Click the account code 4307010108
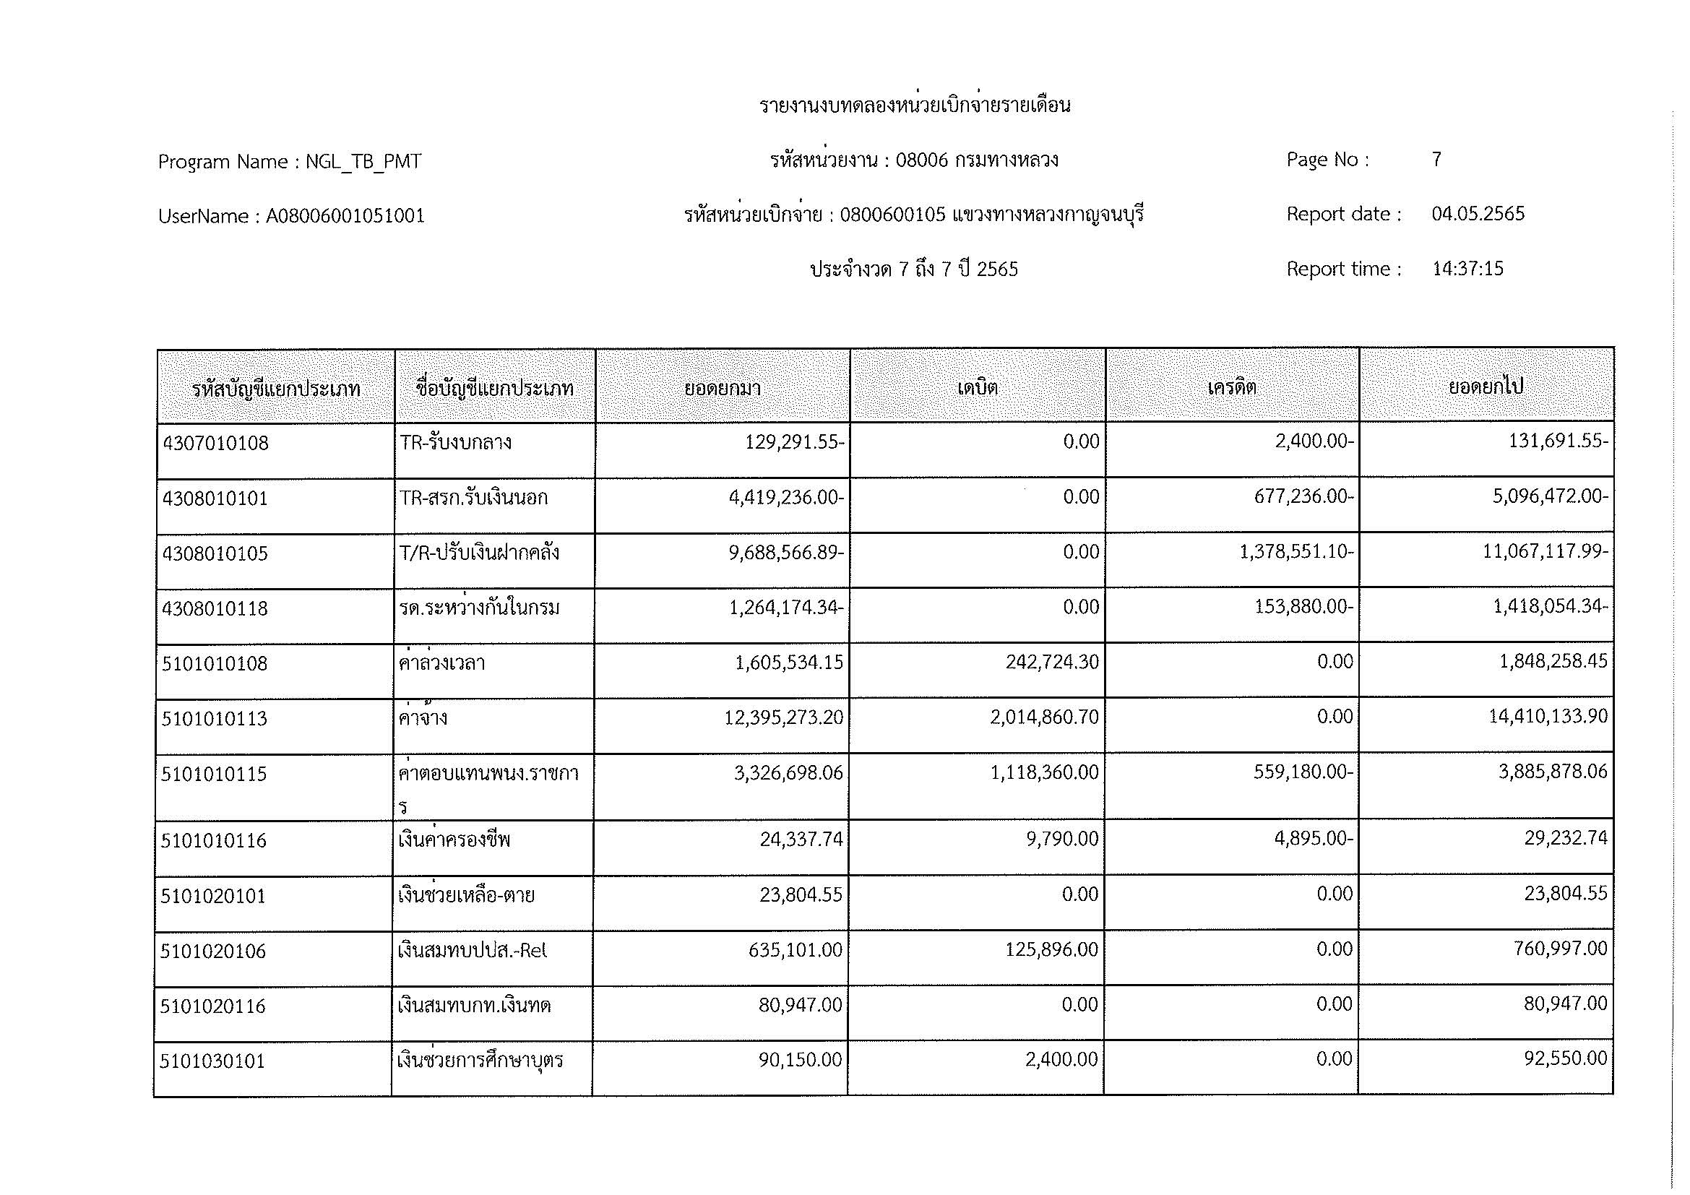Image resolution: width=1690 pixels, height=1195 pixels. click(x=215, y=443)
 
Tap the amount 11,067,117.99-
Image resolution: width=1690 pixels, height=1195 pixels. click(x=1545, y=552)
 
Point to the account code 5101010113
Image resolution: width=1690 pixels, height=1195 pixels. click(x=214, y=718)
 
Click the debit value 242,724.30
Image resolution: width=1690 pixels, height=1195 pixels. click(x=1052, y=663)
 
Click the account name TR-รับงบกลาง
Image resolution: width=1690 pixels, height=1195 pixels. click(x=456, y=442)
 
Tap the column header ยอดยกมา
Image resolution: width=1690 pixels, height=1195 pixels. click(x=722, y=388)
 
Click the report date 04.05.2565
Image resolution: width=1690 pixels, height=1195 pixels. click(x=1478, y=214)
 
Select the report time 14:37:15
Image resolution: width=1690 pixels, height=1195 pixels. click(x=1467, y=269)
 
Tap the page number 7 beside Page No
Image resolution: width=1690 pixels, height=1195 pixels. click(x=1436, y=160)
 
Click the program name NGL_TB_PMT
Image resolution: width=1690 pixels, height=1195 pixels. click(x=363, y=162)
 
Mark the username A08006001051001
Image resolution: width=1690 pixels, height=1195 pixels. click(x=345, y=216)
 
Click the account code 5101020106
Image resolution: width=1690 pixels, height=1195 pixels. click(x=213, y=951)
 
